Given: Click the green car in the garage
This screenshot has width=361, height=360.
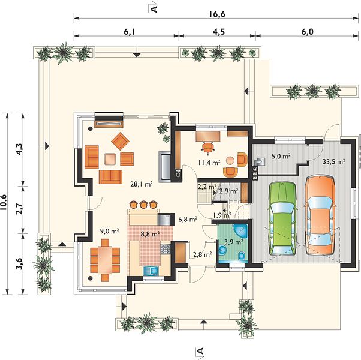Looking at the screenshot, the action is coord(282,218).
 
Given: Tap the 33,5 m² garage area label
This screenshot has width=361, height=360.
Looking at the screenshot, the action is coord(333,161).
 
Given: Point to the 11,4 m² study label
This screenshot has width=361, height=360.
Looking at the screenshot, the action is coord(209,163).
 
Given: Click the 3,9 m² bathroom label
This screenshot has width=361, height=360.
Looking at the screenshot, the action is coord(233,242).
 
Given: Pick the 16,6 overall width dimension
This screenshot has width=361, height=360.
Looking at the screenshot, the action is coord(217,14).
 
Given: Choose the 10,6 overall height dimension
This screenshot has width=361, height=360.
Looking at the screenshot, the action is coord(4,202).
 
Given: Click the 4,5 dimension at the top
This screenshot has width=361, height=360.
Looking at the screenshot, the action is coord(218,32).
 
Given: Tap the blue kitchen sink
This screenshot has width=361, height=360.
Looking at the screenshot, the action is coord(151,271).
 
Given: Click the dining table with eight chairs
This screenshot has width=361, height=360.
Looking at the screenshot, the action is coord(105,260).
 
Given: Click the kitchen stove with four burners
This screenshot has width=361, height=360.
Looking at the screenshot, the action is coord(165,249).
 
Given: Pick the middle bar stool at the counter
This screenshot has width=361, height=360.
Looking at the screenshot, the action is coord(143,204).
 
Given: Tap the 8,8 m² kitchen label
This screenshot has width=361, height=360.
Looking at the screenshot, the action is coord(151,234).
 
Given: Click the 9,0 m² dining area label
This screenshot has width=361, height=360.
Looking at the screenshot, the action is coord(109,231).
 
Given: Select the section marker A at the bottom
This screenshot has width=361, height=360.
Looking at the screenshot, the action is coord(200,351).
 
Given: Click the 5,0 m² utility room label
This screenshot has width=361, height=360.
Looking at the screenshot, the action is coord(281,157).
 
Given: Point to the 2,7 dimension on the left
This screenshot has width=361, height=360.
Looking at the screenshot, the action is coord(19,209).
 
